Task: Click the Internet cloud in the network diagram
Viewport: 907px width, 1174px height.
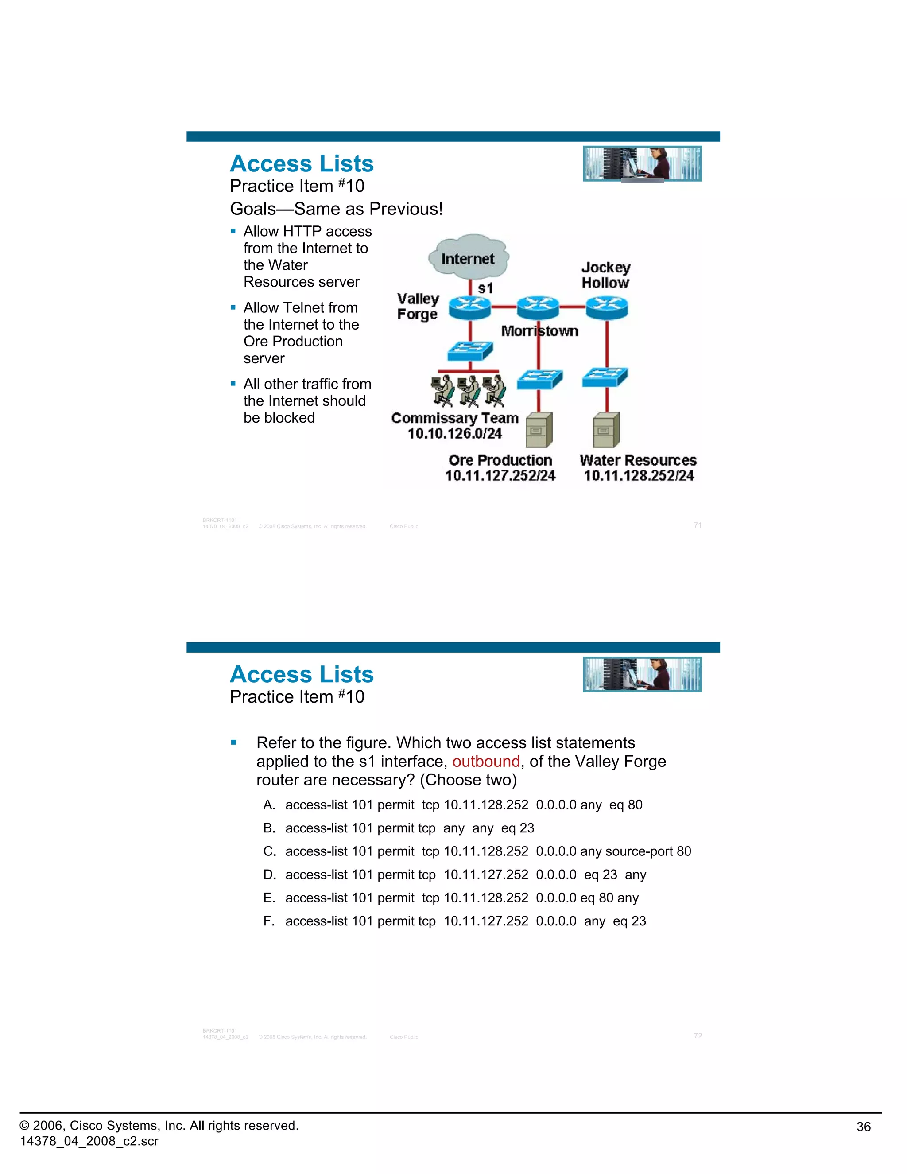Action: [468, 257]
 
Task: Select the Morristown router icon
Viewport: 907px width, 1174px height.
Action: [538, 307]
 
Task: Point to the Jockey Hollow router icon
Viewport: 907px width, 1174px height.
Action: [607, 307]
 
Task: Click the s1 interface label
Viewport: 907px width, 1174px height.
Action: [485, 289]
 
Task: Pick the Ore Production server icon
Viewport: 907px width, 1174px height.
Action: [539, 429]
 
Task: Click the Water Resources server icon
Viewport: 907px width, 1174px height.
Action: [607, 429]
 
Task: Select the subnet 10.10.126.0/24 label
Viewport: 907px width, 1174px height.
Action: [454, 434]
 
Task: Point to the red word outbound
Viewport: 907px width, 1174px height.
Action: [486, 762]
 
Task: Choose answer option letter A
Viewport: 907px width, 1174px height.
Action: [269, 805]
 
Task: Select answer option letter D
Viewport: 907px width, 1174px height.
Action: [269, 875]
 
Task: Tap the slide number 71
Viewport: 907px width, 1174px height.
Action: [698, 525]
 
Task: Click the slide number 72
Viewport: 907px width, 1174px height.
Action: [698, 1036]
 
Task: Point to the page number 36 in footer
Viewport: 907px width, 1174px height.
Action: [864, 1127]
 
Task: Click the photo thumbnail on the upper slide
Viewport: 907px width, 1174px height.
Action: [642, 163]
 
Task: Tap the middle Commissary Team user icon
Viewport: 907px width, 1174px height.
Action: [469, 391]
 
